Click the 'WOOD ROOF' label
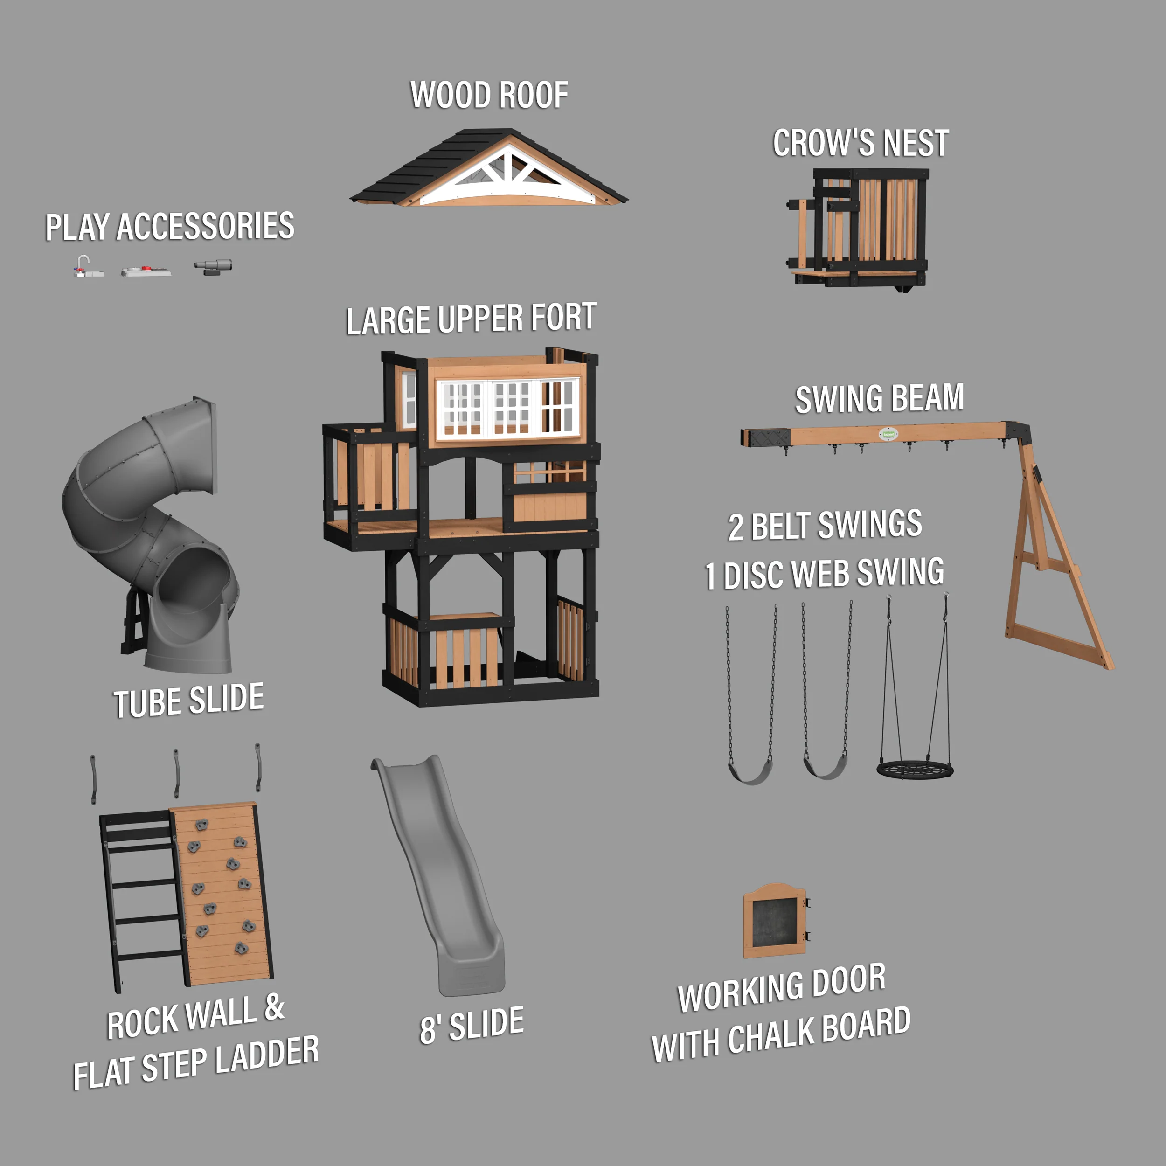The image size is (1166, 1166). click(489, 95)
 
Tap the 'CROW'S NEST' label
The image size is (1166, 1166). click(861, 144)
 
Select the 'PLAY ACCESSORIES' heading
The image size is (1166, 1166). click(170, 226)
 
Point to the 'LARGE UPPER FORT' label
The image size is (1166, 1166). click(472, 319)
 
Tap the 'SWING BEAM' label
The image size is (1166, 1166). click(879, 398)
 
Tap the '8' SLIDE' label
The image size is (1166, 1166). click(472, 1025)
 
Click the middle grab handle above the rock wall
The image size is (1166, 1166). click(176, 774)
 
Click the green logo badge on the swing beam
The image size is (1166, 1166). click(889, 434)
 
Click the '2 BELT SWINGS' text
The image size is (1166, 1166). click(825, 526)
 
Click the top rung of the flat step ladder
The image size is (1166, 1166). click(138, 819)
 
